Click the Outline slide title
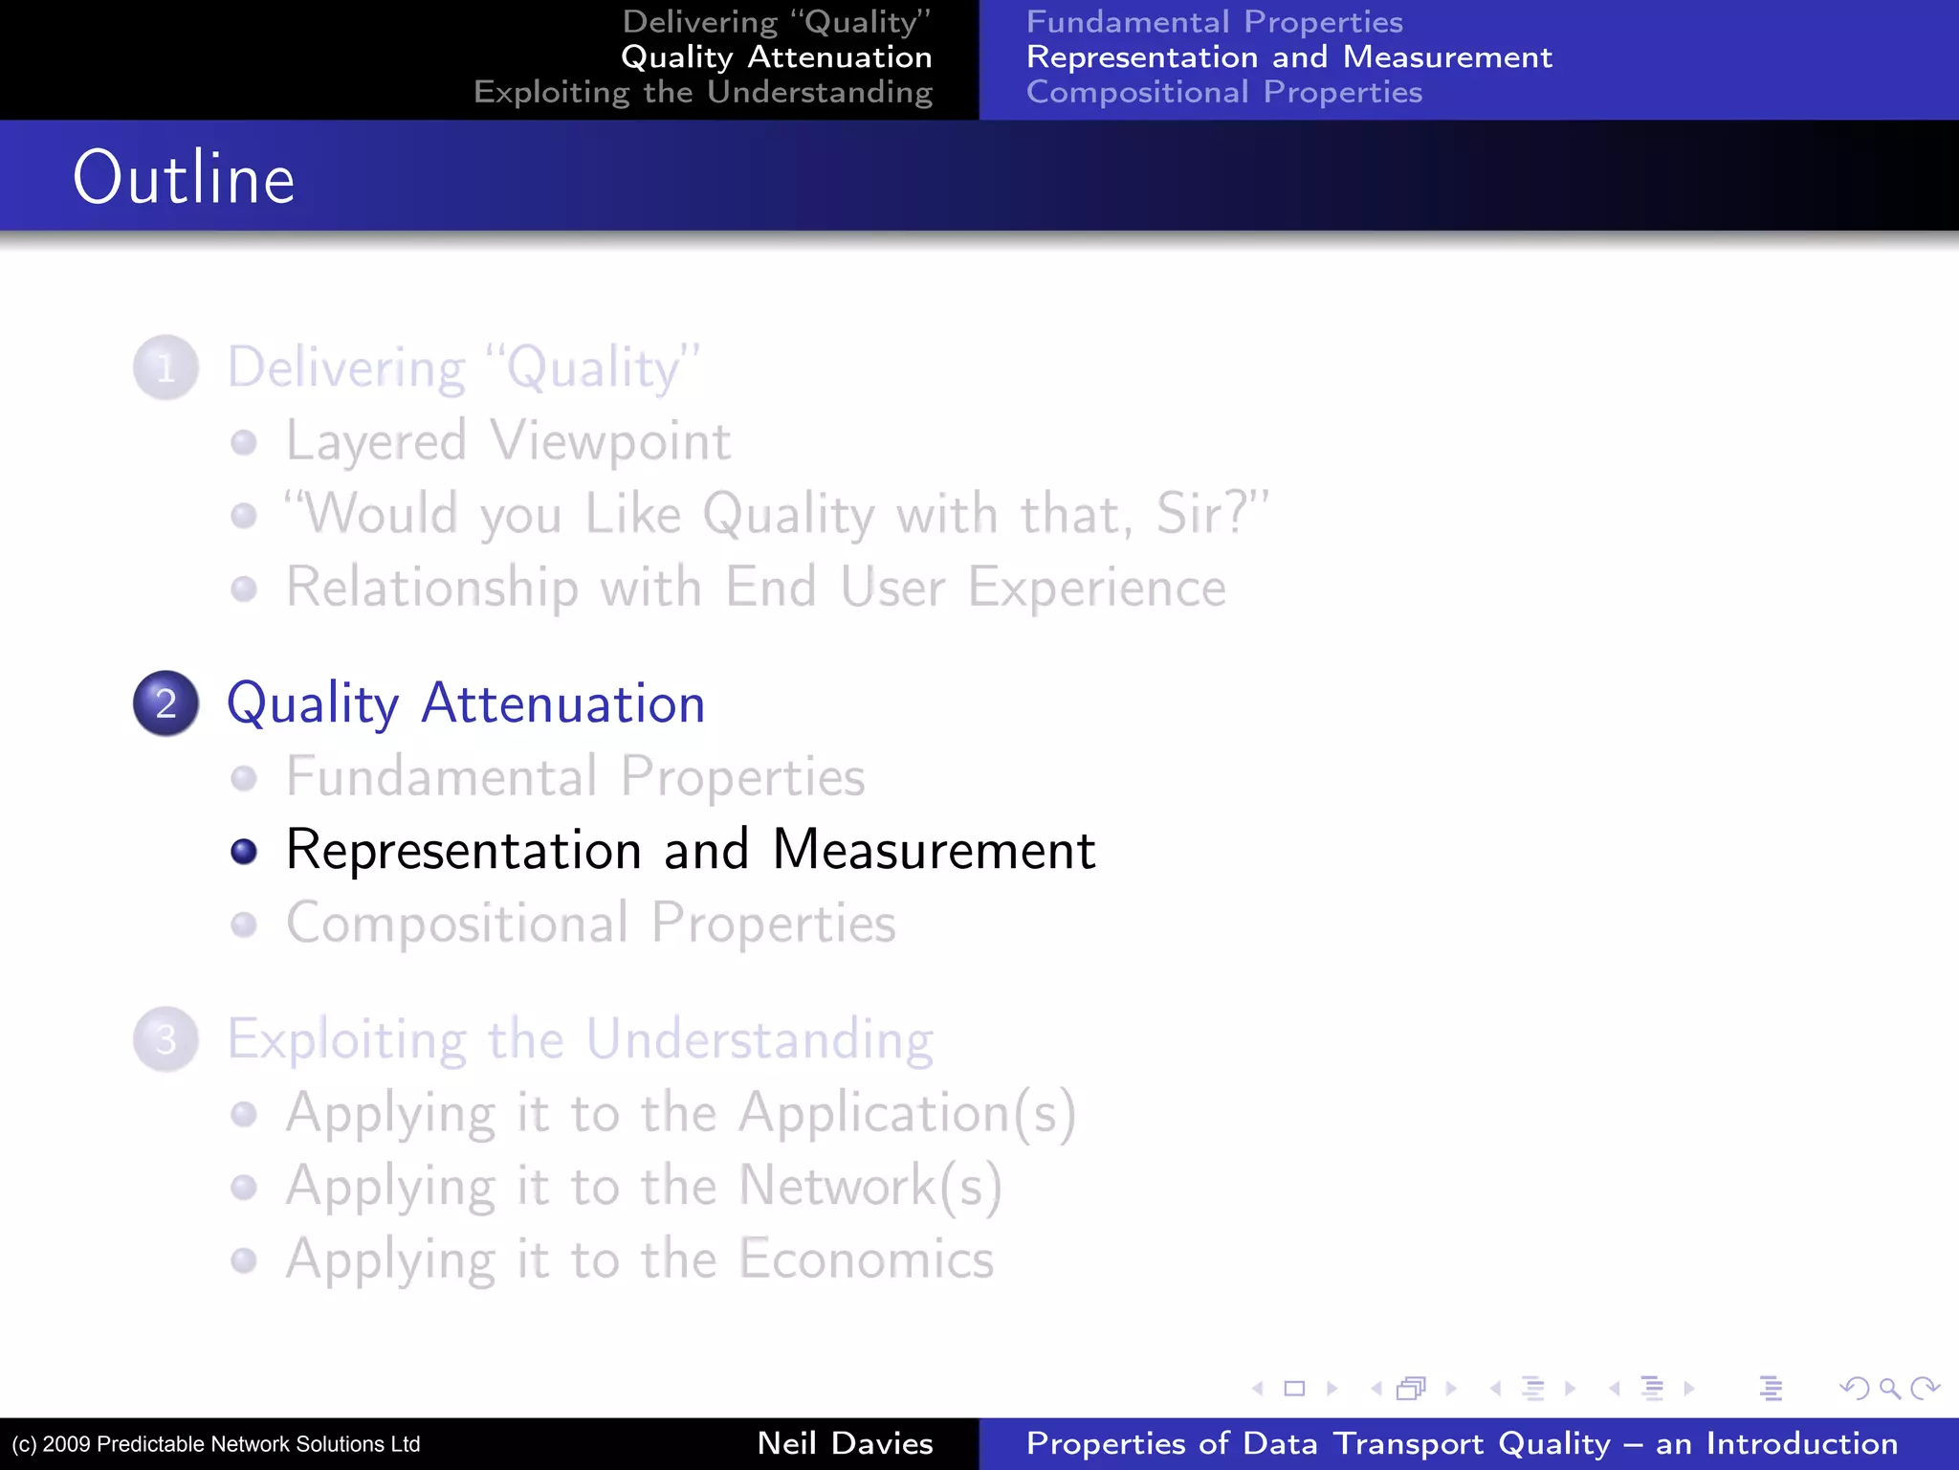coord(184,178)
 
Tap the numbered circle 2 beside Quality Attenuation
coord(166,703)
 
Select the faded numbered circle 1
coord(166,367)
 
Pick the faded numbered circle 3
coord(166,1039)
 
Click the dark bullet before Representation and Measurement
coord(244,851)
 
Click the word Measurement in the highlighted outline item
coord(934,850)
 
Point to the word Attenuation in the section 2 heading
coord(562,703)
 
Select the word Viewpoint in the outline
coord(610,441)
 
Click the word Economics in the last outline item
coord(867,1258)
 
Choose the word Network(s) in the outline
coord(870,1186)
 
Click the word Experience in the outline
coord(1096,587)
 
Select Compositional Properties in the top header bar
coord(1223,92)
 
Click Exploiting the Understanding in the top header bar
coord(702,92)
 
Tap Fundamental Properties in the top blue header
coord(1214,21)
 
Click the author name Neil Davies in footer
coord(845,1443)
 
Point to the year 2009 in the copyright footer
coord(66,1444)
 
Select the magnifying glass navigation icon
coord(1889,1388)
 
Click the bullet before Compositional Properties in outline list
coord(244,924)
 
